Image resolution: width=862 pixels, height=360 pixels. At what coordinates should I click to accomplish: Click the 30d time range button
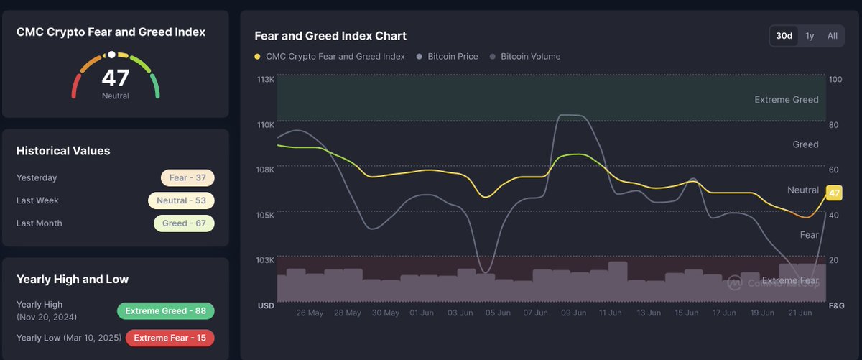784,36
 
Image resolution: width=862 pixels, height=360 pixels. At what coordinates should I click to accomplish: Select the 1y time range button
810,36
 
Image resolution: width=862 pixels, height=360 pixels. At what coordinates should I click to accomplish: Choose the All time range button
832,36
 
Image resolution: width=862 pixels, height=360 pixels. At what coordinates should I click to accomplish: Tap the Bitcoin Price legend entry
453,57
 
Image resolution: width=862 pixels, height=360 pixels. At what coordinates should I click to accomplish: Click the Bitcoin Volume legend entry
530,57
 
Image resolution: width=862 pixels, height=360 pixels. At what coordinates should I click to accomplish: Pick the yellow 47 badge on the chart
834,193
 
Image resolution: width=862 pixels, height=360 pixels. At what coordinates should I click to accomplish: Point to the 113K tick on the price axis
266,79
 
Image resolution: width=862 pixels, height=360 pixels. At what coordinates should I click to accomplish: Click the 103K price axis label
266,260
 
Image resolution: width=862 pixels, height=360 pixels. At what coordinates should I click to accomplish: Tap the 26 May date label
310,313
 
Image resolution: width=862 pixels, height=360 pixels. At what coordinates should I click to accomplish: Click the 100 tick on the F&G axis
835,79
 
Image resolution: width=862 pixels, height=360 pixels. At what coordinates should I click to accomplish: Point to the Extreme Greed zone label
787,100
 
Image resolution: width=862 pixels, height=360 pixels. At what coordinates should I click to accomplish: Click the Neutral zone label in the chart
803,190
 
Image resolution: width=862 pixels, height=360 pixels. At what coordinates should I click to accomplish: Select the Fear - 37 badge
187,177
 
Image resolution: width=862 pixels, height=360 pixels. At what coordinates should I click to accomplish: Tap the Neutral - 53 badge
181,200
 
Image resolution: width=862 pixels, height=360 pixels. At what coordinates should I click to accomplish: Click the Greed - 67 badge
184,223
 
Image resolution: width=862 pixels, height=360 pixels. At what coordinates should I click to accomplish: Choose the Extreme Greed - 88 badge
165,311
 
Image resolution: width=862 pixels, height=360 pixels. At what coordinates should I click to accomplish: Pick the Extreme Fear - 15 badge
170,338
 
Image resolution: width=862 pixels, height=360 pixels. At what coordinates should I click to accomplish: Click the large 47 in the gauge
115,78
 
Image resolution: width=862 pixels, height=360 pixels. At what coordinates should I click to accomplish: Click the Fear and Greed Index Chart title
330,36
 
